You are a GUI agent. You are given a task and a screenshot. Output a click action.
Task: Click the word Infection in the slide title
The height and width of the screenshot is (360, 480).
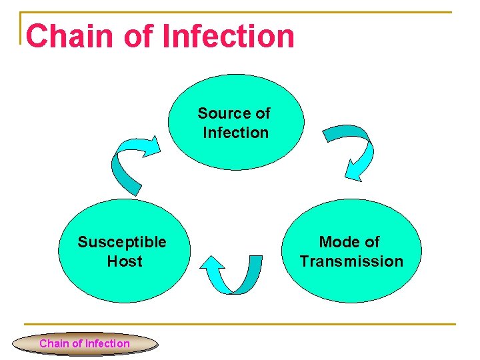(x=228, y=36)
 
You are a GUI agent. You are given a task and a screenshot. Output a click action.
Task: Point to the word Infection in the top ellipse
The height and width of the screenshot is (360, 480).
(x=235, y=133)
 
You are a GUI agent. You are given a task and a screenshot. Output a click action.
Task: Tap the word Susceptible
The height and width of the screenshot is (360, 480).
(x=122, y=241)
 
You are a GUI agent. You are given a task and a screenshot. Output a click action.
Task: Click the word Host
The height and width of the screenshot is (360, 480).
(x=125, y=261)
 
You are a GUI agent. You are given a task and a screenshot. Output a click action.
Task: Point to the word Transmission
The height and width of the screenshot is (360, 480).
(x=351, y=261)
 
